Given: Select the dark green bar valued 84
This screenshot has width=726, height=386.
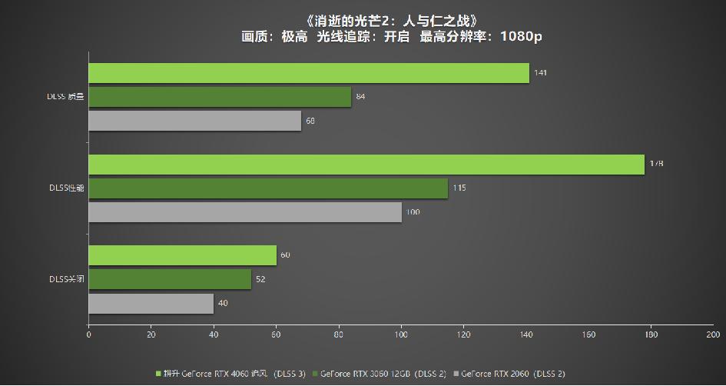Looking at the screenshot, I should (220, 97).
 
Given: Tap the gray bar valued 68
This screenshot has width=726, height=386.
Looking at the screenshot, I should (194, 121).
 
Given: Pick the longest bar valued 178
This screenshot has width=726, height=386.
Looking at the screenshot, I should (366, 164).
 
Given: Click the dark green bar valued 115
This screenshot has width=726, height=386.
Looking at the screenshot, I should (268, 188).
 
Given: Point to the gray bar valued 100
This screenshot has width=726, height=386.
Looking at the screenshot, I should (245, 211).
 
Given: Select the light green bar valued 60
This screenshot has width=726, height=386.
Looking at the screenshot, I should (182, 255).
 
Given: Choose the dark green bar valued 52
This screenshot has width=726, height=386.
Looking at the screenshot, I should (170, 279).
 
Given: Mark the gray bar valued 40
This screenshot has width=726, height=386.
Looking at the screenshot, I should (151, 303).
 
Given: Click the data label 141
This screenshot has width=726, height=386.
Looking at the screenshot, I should (540, 73).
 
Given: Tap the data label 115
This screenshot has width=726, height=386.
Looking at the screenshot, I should (459, 188).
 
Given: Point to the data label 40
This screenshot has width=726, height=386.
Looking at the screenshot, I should (223, 303).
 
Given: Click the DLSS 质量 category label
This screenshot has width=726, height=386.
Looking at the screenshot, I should (65, 97).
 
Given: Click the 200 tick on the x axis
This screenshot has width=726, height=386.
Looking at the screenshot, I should (712, 334).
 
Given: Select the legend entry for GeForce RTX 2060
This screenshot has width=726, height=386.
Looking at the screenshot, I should (512, 374).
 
